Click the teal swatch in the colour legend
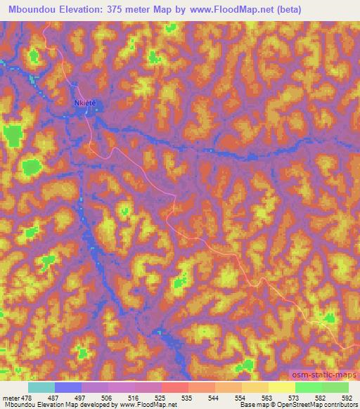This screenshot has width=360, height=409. click(x=41, y=388)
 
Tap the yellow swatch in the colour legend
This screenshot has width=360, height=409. click(x=281, y=388)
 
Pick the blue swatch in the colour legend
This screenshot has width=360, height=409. click(x=68, y=388)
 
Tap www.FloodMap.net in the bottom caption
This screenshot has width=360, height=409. click(x=148, y=404)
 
